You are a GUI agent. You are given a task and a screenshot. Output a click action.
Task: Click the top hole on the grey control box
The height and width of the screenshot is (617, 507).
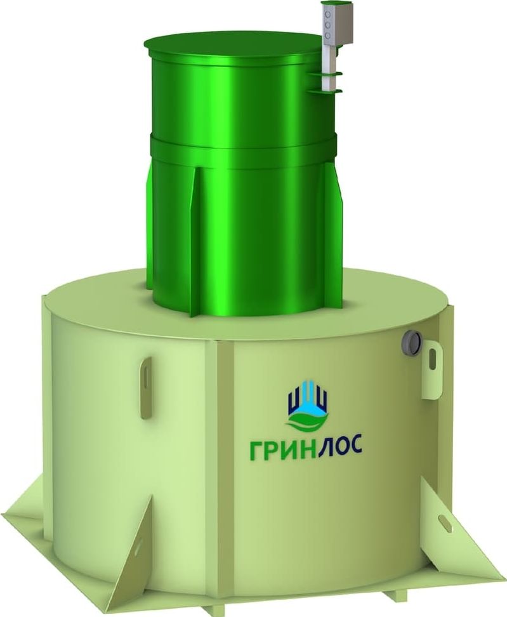coord(327,15)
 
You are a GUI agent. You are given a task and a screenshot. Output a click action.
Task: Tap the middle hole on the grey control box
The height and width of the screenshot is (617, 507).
coord(327,25)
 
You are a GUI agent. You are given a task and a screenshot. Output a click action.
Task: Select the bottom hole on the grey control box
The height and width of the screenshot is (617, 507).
coord(327,36)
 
